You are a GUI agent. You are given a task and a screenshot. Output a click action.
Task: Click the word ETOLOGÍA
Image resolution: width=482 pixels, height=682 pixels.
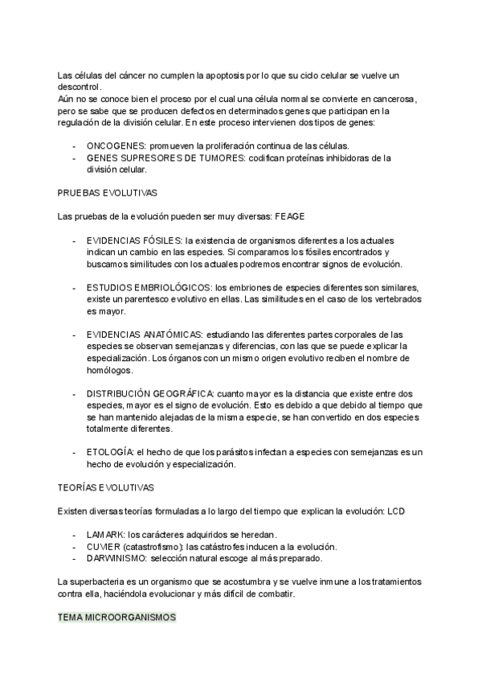pos(109,452)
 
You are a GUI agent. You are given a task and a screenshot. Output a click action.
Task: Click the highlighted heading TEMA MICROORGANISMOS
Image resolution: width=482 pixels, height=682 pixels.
pos(117,618)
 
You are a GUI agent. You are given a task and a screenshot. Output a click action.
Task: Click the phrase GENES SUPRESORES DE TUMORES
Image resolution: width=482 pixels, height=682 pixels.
pos(165,158)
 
